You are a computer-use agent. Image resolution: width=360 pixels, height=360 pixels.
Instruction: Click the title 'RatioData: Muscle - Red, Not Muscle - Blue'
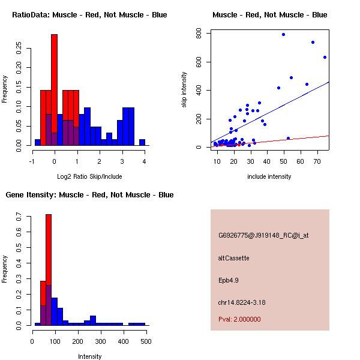pyautogui.click(x=89, y=15)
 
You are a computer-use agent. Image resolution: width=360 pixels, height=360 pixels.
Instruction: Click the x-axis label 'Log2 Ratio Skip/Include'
pyautogui.click(x=89, y=176)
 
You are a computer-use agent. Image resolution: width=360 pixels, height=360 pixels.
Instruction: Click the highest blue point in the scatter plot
pyautogui.click(x=283, y=34)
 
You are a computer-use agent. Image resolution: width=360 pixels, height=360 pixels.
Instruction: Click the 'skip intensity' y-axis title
pyautogui.click(x=184, y=90)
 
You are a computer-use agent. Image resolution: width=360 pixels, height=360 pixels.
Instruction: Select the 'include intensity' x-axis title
pyautogui.click(x=269, y=176)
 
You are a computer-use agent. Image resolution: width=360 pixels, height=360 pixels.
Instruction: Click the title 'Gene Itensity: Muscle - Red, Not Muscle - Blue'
pyautogui.click(x=89, y=195)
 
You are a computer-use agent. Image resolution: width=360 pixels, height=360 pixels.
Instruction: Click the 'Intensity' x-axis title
pyautogui.click(x=89, y=356)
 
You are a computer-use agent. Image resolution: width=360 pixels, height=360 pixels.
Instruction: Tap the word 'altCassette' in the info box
pyautogui.click(x=233, y=258)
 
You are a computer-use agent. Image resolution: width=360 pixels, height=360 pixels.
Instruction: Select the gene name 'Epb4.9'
pyautogui.click(x=228, y=280)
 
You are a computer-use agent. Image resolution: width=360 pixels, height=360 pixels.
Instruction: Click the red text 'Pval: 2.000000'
pyautogui.click(x=239, y=319)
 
